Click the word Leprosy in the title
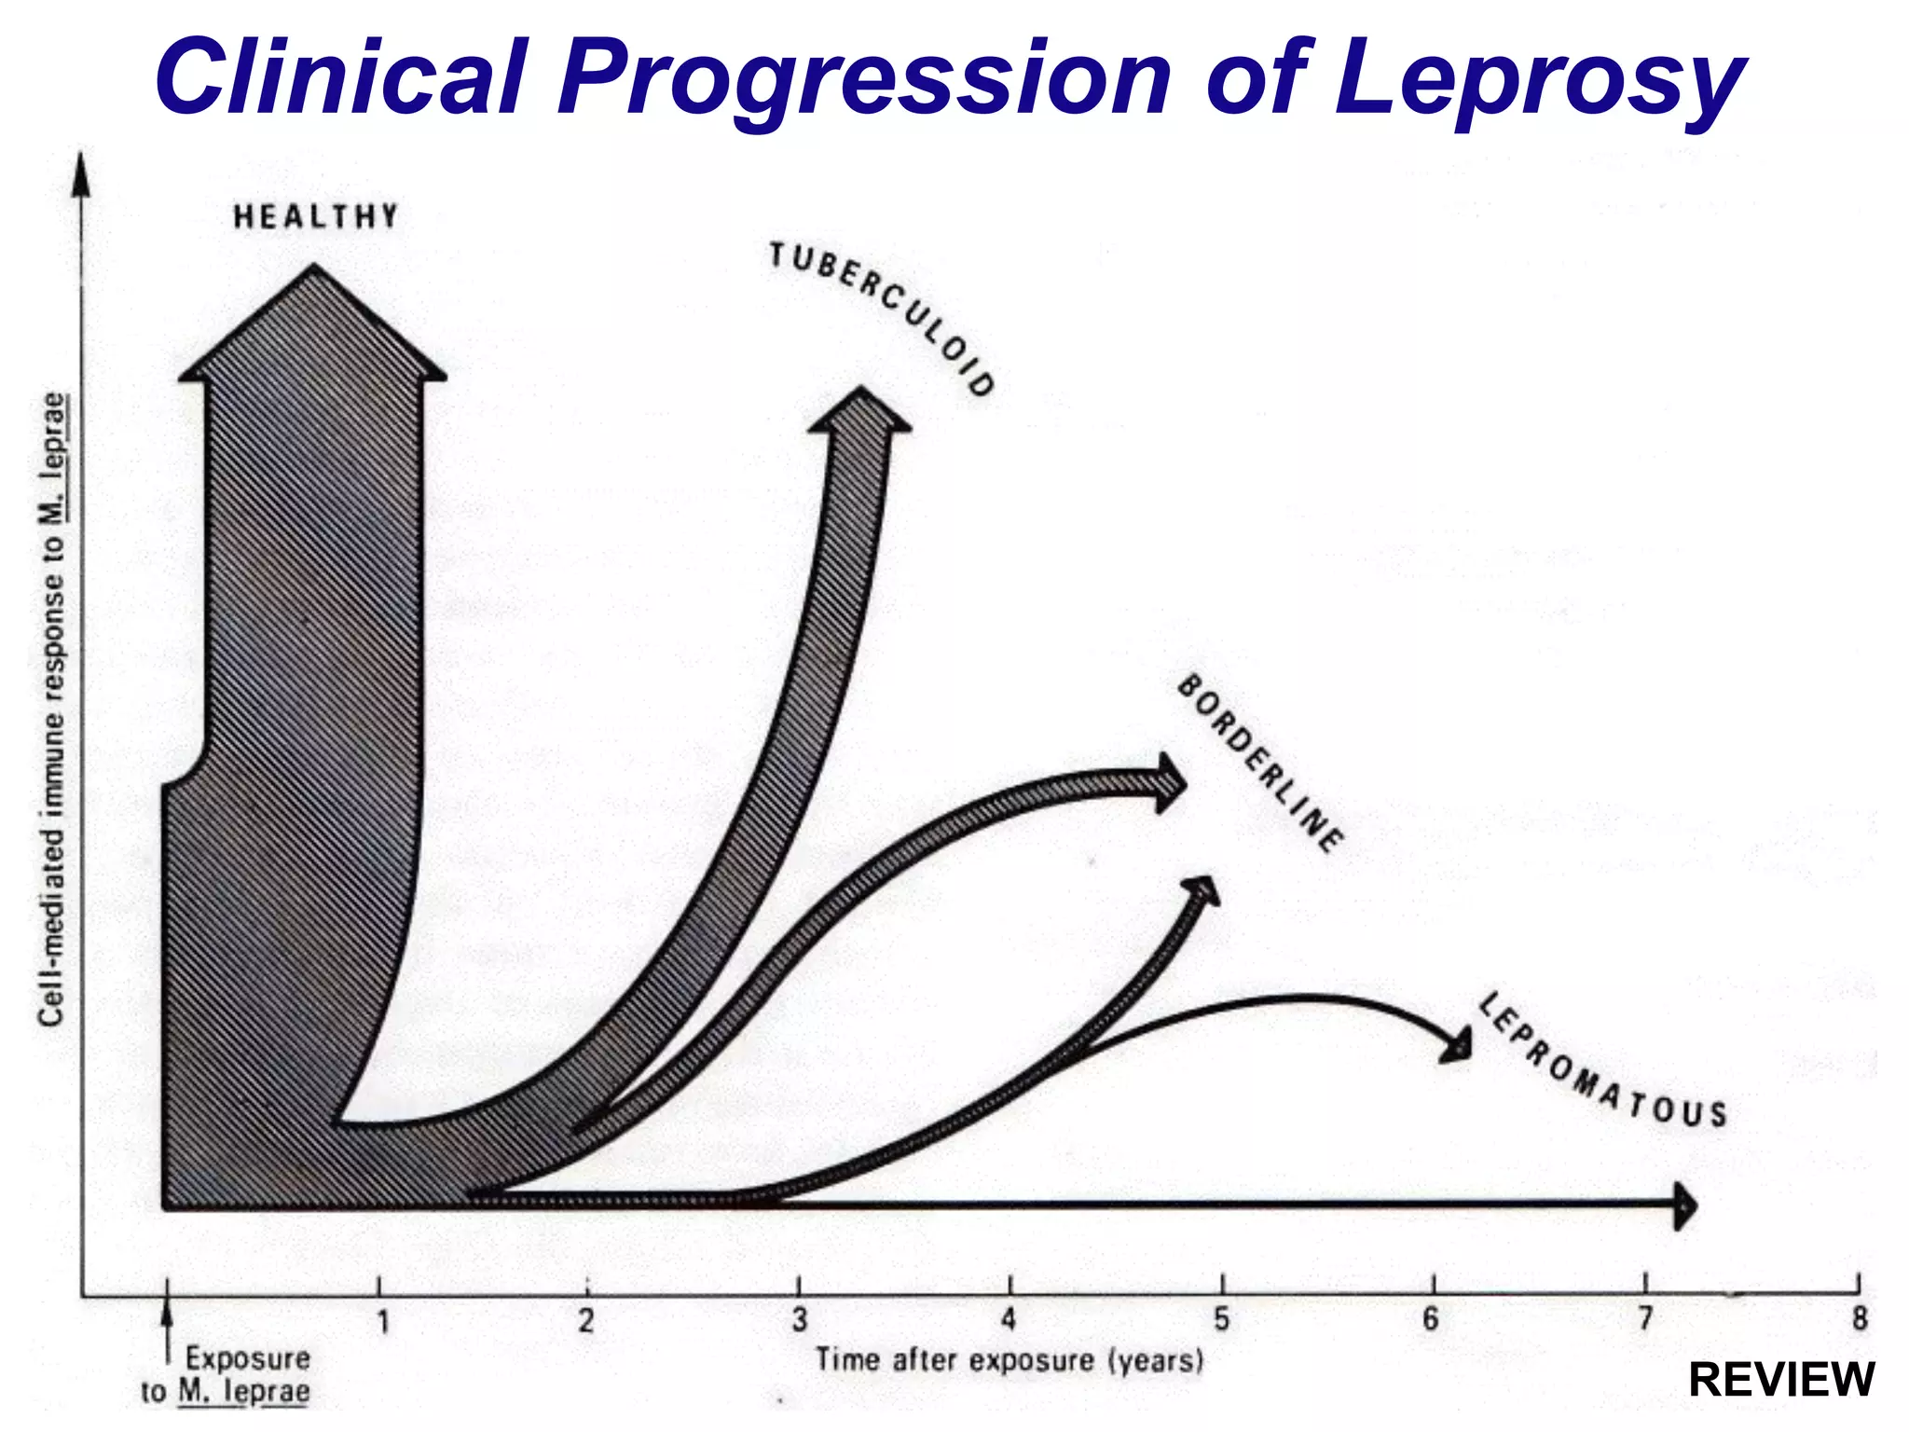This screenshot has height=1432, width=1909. pyautogui.click(x=1538, y=79)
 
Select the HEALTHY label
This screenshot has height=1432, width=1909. pyautogui.click(x=315, y=217)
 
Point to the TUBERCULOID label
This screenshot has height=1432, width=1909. pyautogui.click(x=882, y=317)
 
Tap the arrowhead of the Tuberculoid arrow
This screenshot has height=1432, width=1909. pyautogui.click(x=859, y=410)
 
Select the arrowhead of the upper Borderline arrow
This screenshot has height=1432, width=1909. pyautogui.click(x=1170, y=781)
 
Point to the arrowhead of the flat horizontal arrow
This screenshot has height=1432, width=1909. pyautogui.click(x=1684, y=1205)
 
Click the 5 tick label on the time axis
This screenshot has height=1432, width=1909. pyautogui.click(x=1222, y=1320)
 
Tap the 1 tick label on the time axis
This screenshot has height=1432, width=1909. pyautogui.click(x=382, y=1322)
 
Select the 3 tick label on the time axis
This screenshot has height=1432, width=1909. pyautogui.click(x=799, y=1320)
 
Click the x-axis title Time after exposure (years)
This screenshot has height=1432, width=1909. pyautogui.click(x=1009, y=1360)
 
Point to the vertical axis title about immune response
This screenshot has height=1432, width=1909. pyautogui.click(x=53, y=709)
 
